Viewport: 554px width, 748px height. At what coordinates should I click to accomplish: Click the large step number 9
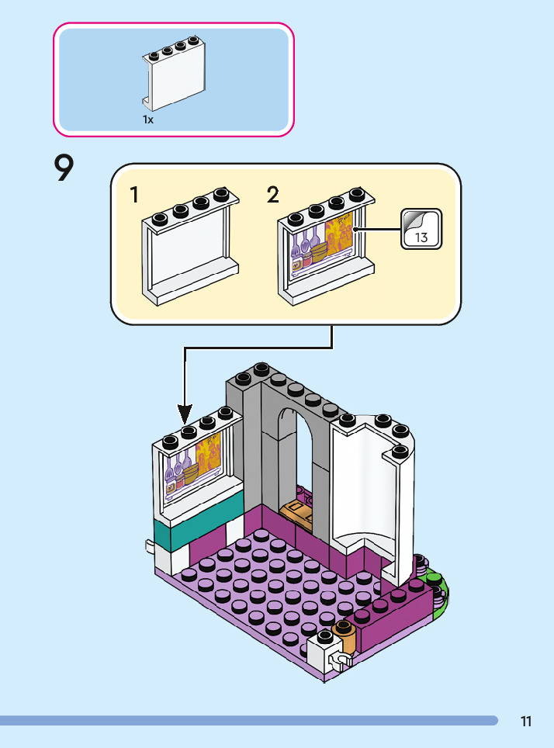click(x=64, y=168)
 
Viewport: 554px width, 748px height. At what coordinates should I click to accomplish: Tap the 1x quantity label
click(x=147, y=120)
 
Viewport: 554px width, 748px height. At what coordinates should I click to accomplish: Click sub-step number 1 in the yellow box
click(x=135, y=195)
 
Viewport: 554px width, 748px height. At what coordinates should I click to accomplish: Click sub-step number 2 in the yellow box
click(x=272, y=195)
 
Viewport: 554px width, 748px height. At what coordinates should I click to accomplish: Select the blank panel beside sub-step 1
click(x=189, y=248)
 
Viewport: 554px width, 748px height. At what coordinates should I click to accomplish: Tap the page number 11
click(x=526, y=722)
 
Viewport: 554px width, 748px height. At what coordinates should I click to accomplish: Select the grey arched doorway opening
click(x=297, y=458)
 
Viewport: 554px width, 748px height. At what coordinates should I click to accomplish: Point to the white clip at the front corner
click(x=338, y=660)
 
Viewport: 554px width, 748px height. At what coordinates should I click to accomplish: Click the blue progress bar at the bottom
click(x=248, y=721)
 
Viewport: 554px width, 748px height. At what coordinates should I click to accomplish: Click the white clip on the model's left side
click(x=151, y=547)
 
